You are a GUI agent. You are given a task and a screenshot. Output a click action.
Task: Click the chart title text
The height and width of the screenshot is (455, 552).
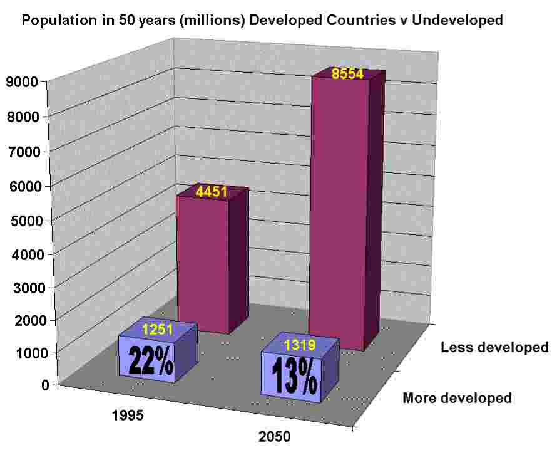click(262, 20)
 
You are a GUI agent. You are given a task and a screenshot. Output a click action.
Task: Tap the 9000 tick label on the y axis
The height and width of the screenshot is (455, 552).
click(23, 81)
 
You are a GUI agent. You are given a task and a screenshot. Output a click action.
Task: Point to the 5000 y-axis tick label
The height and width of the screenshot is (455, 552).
click(23, 221)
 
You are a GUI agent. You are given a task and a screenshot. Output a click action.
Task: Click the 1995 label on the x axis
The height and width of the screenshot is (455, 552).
click(128, 416)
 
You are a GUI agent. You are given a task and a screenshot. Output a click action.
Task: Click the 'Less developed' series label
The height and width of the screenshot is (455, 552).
click(494, 347)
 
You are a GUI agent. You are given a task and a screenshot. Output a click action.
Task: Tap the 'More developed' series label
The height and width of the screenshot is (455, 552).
click(457, 397)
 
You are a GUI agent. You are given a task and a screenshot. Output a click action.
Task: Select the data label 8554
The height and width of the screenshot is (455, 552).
click(347, 74)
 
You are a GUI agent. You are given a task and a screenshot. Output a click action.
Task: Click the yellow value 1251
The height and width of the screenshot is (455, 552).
click(158, 329)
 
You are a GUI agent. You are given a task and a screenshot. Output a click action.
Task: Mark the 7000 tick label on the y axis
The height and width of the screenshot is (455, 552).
click(23, 152)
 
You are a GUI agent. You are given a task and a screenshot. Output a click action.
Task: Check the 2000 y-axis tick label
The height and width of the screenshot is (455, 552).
click(23, 321)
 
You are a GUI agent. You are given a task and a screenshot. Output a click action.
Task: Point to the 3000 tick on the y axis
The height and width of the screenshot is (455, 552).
click(23, 288)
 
